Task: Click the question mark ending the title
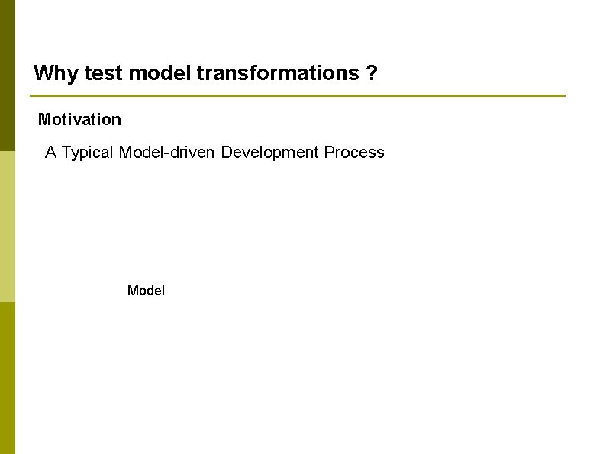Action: [x=371, y=74]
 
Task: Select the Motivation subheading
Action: [x=79, y=120]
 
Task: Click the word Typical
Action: [x=88, y=153]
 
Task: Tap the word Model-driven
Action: [x=168, y=153]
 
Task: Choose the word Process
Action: [x=354, y=153]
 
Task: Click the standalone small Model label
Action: [x=146, y=291]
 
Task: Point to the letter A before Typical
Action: [x=51, y=153]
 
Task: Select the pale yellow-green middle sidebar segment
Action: [x=7, y=226]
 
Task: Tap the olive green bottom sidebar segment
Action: [x=7, y=378]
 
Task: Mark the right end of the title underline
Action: [x=563, y=96]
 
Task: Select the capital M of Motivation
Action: [x=44, y=120]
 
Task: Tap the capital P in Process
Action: [x=329, y=153]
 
